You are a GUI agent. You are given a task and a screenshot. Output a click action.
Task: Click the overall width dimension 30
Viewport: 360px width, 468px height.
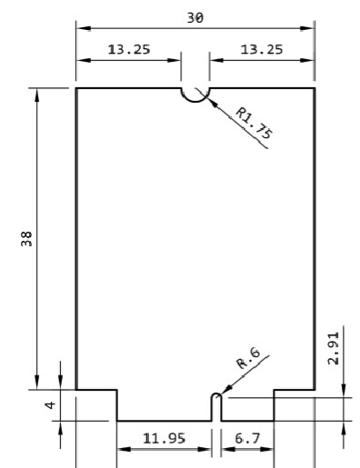(x=195, y=17)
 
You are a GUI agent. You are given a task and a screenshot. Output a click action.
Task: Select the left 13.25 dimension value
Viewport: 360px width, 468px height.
(x=129, y=50)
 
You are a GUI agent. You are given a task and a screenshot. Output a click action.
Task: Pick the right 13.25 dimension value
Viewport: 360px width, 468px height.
(x=262, y=50)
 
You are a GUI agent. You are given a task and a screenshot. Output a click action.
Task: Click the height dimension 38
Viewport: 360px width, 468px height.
(x=27, y=238)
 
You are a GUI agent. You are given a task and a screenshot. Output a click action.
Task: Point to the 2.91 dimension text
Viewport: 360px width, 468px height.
(x=335, y=347)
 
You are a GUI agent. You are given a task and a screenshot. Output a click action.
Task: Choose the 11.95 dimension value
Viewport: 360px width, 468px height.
(x=164, y=439)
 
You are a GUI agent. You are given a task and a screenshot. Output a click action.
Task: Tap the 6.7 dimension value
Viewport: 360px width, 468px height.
(x=246, y=439)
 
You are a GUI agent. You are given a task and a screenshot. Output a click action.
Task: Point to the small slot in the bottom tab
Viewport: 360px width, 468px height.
(x=216, y=406)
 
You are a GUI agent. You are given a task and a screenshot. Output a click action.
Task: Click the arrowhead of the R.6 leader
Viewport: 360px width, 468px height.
(x=222, y=393)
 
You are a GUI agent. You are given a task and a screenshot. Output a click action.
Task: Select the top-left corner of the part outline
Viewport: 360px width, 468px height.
(x=75, y=88)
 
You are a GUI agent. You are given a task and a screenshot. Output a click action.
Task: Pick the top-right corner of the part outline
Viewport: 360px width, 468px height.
(x=315, y=88)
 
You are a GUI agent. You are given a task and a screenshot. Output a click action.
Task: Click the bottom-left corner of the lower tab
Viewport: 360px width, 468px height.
(x=117, y=422)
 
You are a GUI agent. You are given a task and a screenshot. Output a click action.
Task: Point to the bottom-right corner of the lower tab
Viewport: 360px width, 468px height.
(x=274, y=422)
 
